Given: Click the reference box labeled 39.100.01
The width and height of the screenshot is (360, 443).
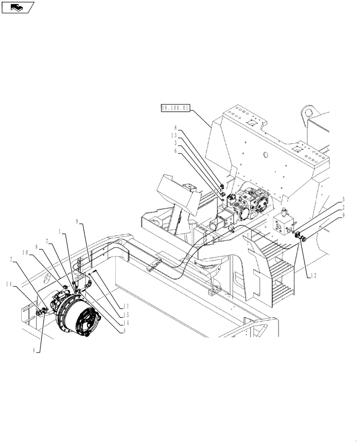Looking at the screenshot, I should (x=175, y=108).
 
